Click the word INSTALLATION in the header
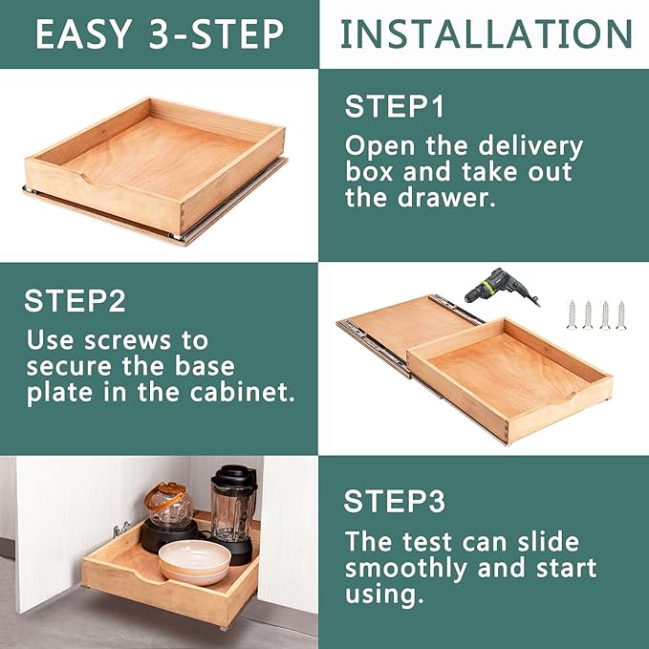pyautogui.click(x=487, y=33)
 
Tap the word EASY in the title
pyautogui.click(x=83, y=33)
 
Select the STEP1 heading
pyautogui.click(x=395, y=106)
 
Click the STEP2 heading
pyautogui.click(x=75, y=300)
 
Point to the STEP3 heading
pyautogui.click(x=395, y=501)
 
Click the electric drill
pyautogui.click(x=500, y=287)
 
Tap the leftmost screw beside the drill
pyautogui.click(x=572, y=315)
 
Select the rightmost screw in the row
pyautogui.click(x=621, y=315)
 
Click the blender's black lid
pyautogui.click(x=234, y=476)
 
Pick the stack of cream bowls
pyautogui.click(x=195, y=562)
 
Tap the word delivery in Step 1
pyautogui.click(x=530, y=147)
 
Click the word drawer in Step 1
pyautogui.click(x=446, y=198)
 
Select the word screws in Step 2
pyautogui.click(x=127, y=341)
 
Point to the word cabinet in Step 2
pyautogui.click(x=242, y=392)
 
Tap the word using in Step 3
pyautogui.click(x=384, y=595)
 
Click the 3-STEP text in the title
pyautogui.click(x=216, y=33)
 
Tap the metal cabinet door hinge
pyautogui.click(x=121, y=529)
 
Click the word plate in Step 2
pyautogui.click(x=59, y=393)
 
